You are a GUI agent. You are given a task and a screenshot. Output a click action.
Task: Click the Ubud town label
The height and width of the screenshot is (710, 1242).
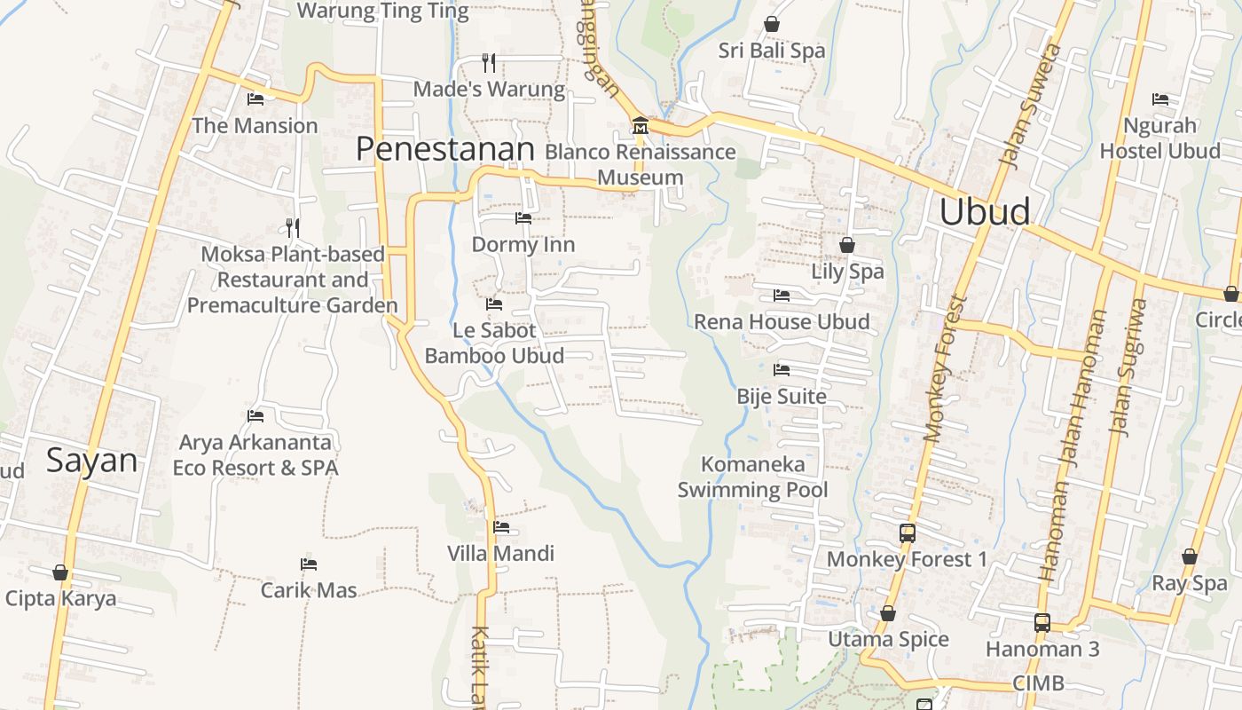(985, 212)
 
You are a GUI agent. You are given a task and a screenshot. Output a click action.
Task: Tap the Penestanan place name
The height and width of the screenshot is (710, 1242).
(445, 149)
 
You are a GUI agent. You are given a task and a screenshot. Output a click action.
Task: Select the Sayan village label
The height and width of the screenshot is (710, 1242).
(92, 461)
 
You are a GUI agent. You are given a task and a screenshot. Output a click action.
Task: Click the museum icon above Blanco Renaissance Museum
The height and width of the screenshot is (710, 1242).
(640, 126)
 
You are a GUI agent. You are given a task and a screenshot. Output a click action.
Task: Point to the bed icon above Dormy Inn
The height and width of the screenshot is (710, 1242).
(523, 218)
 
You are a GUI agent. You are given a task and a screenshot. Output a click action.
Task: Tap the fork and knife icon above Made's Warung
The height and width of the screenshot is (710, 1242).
(489, 63)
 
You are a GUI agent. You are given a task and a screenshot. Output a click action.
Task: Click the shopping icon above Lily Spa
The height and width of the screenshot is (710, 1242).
(847, 245)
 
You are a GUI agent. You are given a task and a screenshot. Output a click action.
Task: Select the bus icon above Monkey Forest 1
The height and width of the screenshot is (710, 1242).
(907, 533)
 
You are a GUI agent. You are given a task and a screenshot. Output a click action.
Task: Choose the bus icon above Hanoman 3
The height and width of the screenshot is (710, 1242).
(1042, 623)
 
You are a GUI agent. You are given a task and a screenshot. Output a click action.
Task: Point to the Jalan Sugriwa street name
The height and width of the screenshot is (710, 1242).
(1128, 367)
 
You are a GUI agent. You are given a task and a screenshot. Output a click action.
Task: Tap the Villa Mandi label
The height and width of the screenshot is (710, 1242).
(500, 554)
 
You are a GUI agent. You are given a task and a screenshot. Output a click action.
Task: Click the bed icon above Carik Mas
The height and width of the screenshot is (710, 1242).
(309, 564)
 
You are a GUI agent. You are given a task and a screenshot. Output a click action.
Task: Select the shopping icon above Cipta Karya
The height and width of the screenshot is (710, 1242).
(60, 572)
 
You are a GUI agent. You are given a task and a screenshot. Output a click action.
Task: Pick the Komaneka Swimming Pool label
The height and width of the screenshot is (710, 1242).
(752, 477)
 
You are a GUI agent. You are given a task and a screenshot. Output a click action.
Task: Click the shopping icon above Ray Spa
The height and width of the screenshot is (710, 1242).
(1189, 557)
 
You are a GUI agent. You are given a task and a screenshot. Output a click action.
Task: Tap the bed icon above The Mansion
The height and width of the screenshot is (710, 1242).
(255, 99)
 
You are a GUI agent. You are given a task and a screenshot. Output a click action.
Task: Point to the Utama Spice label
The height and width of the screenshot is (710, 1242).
(888, 639)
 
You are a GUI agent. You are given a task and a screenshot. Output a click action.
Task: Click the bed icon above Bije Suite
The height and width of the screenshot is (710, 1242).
(782, 370)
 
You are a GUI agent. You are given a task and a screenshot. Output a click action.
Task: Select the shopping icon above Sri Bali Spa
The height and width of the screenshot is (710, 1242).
(772, 25)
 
